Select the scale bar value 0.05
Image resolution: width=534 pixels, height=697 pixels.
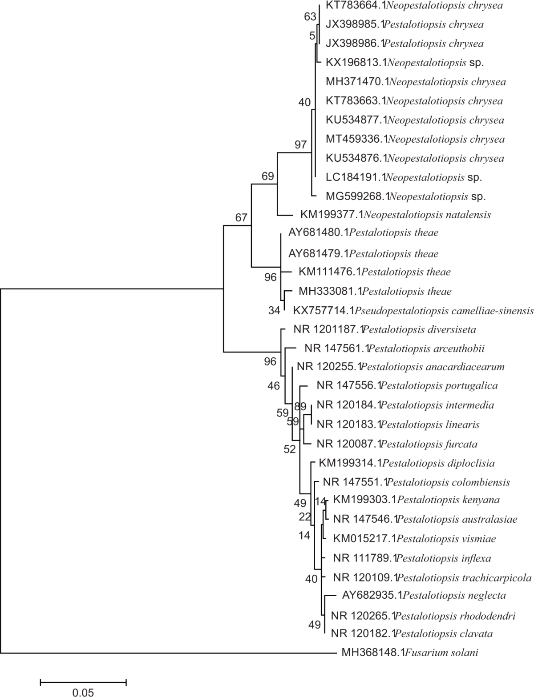click(83, 692)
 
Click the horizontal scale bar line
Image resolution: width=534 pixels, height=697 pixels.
click(83, 681)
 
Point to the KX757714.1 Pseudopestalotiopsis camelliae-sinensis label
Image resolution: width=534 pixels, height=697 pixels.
click(413, 310)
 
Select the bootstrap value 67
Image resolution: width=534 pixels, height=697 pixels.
click(241, 217)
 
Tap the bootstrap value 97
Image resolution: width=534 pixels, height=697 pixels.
click(301, 144)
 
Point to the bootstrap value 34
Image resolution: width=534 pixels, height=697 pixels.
click(274, 311)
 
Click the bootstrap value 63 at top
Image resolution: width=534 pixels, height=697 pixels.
click(310, 17)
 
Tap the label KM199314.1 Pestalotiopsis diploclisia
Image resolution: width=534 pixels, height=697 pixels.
click(407, 464)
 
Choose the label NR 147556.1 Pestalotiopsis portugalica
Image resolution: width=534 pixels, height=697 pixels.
click(407, 385)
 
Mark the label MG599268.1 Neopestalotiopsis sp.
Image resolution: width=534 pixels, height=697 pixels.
click(405, 196)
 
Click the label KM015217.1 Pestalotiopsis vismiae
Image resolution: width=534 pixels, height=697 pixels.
click(414, 539)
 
